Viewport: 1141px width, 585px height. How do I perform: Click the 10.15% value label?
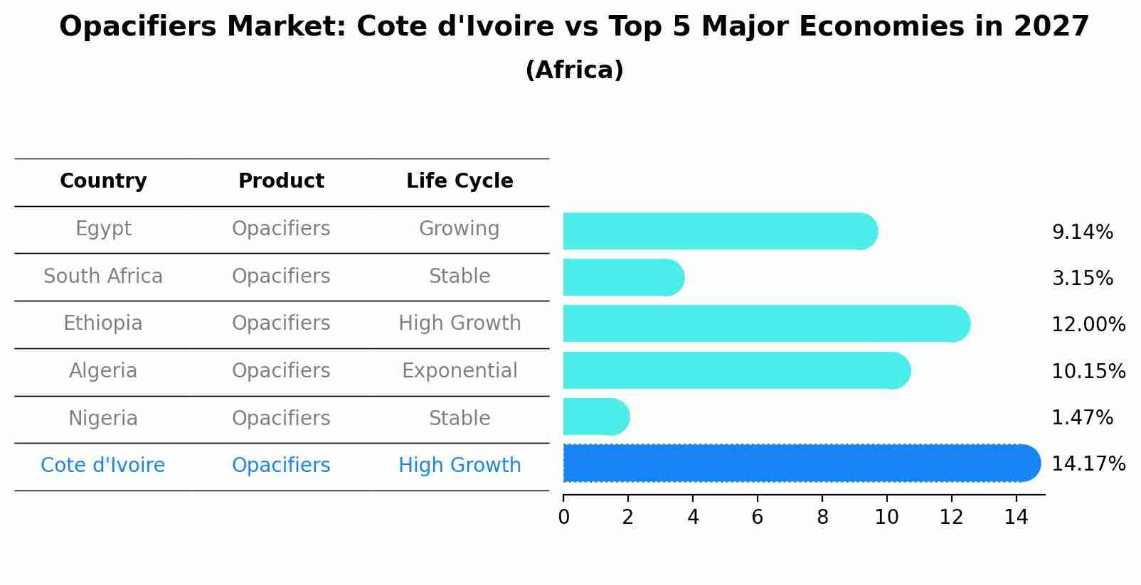point(1088,371)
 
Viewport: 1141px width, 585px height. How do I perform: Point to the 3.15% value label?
point(1082,278)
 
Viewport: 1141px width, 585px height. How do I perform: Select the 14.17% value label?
point(1088,464)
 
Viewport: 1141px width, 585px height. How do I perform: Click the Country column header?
point(103,181)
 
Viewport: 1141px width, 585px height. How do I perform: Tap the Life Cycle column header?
point(460,181)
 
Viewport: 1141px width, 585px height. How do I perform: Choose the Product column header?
point(281,181)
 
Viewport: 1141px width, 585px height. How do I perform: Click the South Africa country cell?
point(103,276)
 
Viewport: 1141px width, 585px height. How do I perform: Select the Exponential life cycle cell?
point(460,370)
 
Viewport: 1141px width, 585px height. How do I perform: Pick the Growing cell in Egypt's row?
point(460,228)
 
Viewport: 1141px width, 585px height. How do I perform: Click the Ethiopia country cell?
point(103,323)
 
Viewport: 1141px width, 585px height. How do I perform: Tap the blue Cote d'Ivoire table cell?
point(103,465)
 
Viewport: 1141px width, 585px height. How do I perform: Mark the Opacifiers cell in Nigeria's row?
point(281,418)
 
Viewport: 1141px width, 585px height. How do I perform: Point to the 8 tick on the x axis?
point(822,517)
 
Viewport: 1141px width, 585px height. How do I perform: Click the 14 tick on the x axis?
point(1016,517)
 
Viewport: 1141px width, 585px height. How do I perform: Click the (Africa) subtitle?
point(574,70)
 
